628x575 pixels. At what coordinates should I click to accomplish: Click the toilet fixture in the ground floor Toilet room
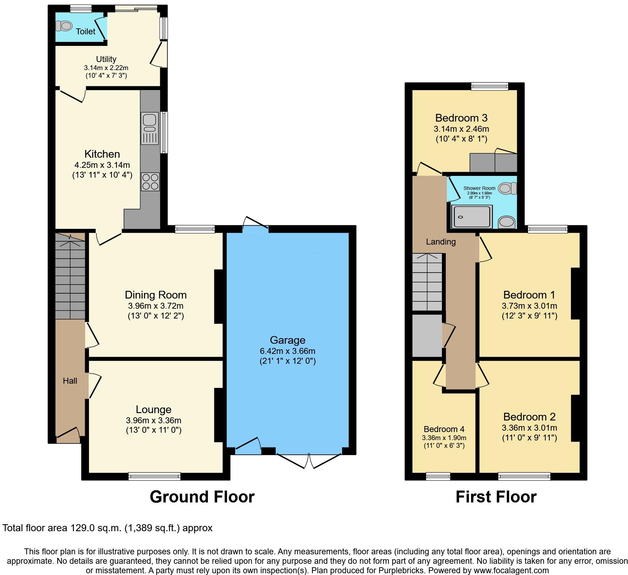[64, 26]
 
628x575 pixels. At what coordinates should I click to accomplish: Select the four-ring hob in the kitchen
[150, 182]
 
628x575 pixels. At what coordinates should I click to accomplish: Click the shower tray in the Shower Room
[471, 216]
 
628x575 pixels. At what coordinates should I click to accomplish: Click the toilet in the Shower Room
[507, 188]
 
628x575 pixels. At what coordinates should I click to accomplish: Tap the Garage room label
[287, 340]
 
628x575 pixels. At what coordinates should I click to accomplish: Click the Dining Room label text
[156, 295]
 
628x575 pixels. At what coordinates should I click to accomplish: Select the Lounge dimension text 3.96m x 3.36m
[153, 420]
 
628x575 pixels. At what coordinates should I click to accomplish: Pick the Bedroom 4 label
[444, 429]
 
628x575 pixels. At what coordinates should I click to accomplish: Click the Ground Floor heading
[202, 497]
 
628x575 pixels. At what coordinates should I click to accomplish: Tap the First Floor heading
[496, 497]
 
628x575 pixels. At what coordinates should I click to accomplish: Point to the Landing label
[441, 242]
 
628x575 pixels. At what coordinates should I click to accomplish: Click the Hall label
[70, 381]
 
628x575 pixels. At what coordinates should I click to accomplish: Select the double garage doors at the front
[309, 460]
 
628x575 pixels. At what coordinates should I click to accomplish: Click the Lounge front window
[154, 476]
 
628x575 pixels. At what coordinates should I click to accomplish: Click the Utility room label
[106, 59]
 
